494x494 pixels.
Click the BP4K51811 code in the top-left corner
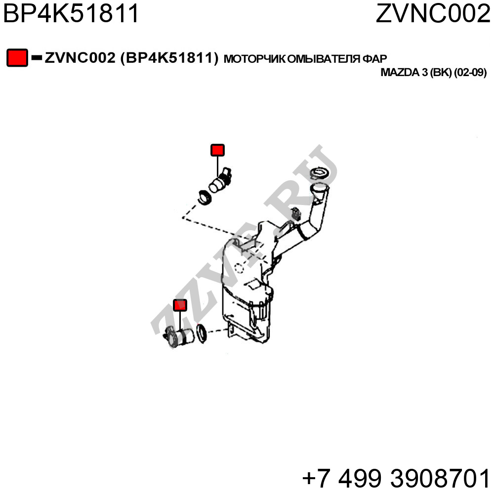click(71, 13)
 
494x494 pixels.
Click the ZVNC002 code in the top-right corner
click(433, 13)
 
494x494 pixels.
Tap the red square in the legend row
click(17, 58)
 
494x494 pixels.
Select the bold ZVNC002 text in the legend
click(80, 58)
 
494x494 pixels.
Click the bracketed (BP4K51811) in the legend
click(169, 58)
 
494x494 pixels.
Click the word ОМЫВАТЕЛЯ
click(324, 59)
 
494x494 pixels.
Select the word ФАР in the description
click(374, 59)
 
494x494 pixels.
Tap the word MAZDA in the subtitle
click(400, 73)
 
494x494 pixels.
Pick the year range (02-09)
click(470, 73)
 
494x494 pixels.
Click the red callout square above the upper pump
click(217, 150)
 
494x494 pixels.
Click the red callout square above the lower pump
click(180, 305)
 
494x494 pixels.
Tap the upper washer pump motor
click(220, 180)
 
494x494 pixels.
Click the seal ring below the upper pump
click(205, 197)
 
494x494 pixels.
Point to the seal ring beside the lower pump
click(202, 333)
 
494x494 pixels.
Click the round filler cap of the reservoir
click(320, 173)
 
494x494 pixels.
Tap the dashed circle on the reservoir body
click(239, 268)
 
